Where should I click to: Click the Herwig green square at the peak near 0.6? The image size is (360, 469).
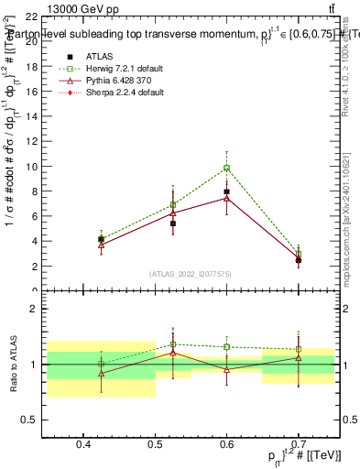coord(226,168)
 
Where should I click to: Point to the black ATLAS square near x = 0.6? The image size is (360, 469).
coord(226,191)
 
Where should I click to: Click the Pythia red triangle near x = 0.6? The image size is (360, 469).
coord(226,198)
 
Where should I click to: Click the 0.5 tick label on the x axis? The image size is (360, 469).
coord(155,444)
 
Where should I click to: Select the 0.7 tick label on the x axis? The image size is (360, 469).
coord(298,444)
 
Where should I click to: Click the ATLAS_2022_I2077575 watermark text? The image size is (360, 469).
coord(190,273)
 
